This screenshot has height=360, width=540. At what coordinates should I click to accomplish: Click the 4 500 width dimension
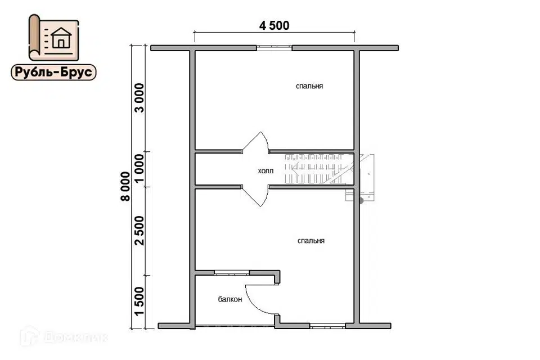(274, 25)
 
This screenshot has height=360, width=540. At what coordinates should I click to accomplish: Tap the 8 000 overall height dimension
(125, 186)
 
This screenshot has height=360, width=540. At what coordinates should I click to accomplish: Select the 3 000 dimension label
(139, 98)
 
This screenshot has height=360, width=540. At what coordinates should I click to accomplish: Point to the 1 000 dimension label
(139, 169)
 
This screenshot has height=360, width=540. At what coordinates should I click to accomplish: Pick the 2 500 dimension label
(139, 231)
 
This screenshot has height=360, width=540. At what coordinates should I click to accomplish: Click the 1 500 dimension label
(139, 301)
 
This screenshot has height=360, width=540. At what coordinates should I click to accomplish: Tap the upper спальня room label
(309, 86)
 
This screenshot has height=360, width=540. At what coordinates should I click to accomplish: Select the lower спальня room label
(311, 241)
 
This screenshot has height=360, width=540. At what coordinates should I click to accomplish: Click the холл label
(265, 171)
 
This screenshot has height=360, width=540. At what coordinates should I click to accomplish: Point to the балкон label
(230, 299)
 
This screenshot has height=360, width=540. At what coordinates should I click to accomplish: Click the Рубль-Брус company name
(54, 73)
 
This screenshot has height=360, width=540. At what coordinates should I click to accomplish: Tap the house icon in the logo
(61, 38)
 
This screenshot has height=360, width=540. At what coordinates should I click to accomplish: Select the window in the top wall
(274, 48)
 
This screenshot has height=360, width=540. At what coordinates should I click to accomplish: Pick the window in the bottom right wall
(327, 326)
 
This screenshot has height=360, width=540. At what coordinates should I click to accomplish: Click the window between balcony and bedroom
(232, 273)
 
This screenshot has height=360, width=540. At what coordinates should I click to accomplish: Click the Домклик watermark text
(64, 336)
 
